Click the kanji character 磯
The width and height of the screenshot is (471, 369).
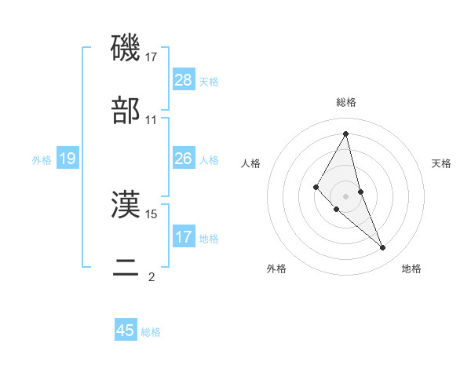(x=126, y=49)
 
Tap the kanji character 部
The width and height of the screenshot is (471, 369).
(x=126, y=111)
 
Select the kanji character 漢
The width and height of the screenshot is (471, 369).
(x=126, y=206)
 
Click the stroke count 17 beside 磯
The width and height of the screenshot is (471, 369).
(x=152, y=57)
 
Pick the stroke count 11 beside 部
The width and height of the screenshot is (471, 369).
(x=152, y=120)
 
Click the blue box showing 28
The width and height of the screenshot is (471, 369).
(x=184, y=80)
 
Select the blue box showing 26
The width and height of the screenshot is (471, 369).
(x=184, y=159)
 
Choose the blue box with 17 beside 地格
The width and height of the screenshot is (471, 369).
(x=184, y=237)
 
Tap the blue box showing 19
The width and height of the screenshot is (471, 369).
(x=68, y=159)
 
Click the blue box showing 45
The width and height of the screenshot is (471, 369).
(x=126, y=331)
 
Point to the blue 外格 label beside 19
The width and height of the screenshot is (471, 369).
(x=42, y=160)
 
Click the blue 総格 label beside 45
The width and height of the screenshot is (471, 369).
(x=151, y=332)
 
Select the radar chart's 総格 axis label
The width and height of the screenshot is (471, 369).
(x=345, y=103)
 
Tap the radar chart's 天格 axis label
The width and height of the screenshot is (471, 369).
(x=441, y=163)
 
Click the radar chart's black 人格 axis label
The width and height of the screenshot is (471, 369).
(x=250, y=163)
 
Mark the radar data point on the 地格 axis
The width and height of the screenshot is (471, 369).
(x=383, y=247)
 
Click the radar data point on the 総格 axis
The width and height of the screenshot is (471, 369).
(x=345, y=133)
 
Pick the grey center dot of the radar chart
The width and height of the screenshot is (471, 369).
(x=345, y=196)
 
